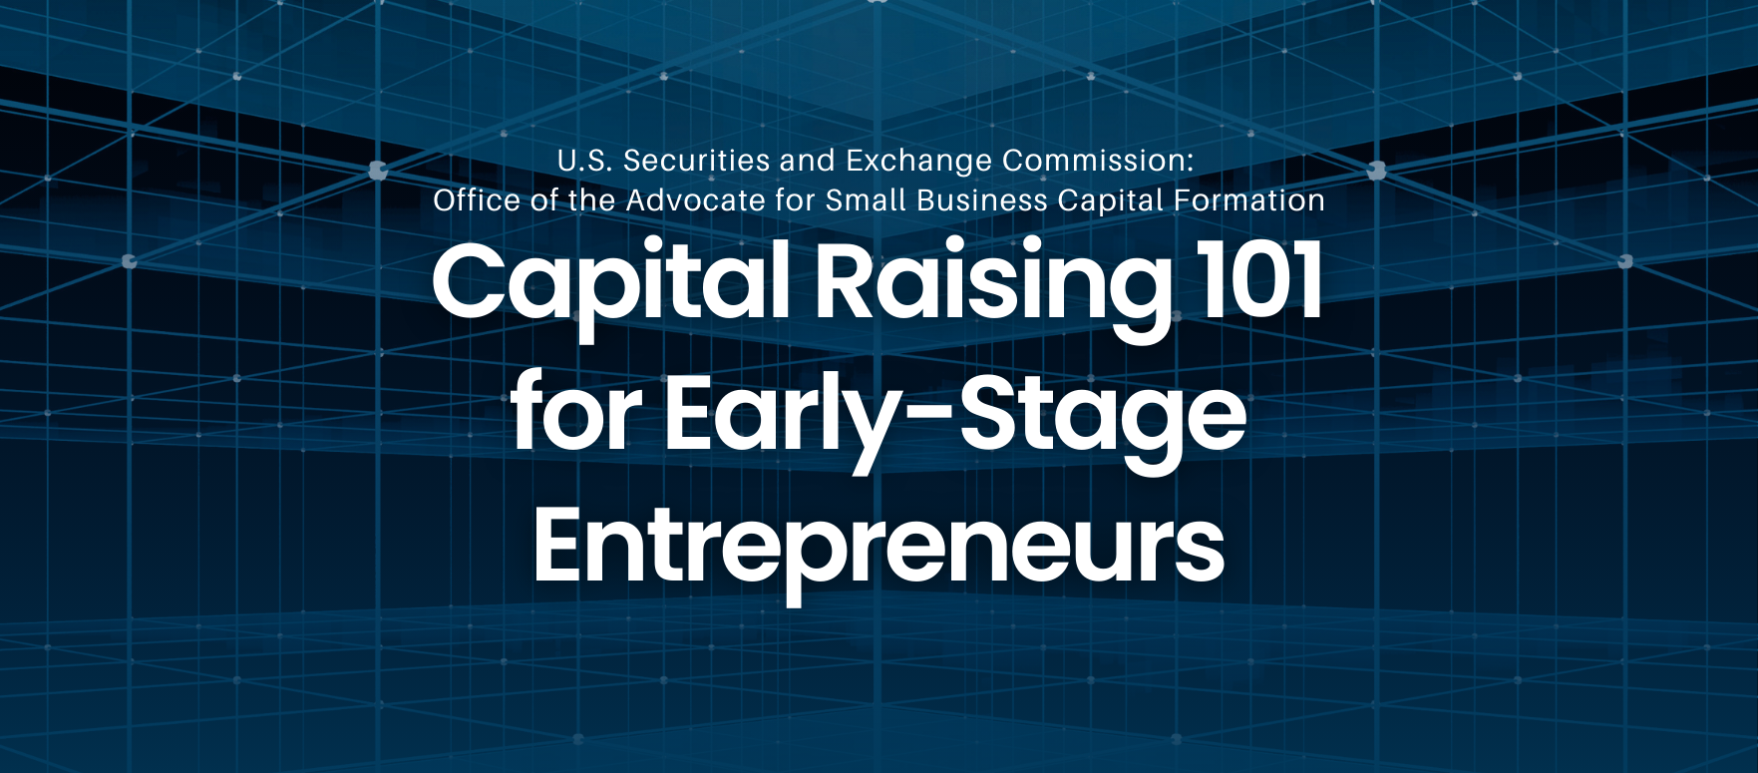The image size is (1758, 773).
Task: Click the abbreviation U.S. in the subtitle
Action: [584, 161]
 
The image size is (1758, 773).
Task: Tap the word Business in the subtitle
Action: [982, 200]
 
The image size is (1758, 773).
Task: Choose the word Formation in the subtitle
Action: [1249, 200]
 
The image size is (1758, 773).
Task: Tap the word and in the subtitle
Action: [809, 161]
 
